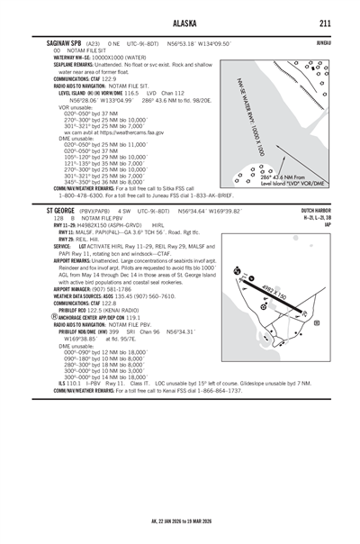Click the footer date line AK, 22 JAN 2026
click(180, 521)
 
